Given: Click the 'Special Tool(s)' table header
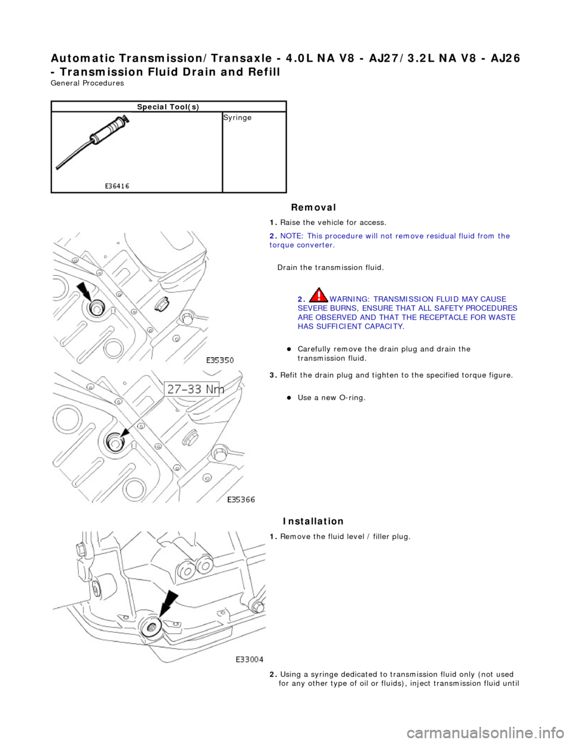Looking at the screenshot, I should coord(169,106).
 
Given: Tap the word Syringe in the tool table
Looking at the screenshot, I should coord(237,118).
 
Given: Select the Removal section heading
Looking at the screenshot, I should coord(313,207).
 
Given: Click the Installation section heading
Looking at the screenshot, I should coord(313,521).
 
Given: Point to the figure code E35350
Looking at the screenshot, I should coord(220,361).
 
